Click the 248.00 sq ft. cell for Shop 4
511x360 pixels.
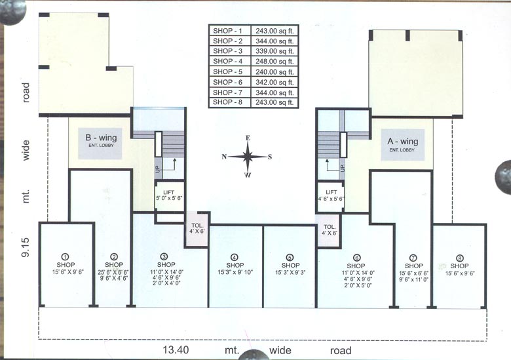[274, 61]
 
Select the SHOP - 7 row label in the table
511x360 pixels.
[227, 92]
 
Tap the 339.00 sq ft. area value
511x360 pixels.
[274, 51]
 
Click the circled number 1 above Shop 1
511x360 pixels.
[65, 256]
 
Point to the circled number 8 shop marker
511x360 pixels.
[460, 258]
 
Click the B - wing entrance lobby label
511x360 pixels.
[101, 140]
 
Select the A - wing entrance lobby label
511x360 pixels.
[403, 144]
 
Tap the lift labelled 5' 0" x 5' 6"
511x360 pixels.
[169, 195]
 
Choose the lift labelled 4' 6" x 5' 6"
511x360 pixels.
[331, 195]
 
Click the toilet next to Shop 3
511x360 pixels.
[197, 229]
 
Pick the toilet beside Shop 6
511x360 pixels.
[329, 231]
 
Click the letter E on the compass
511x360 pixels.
[248, 138]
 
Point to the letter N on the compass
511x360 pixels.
[224, 157]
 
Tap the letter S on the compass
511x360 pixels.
[270, 157]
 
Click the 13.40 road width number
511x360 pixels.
[176, 350]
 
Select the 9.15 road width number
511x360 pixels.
[26, 247]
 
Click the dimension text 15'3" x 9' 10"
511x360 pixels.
[235, 272]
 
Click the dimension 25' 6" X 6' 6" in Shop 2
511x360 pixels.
[113, 273]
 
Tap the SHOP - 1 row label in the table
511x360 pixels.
[227, 31]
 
